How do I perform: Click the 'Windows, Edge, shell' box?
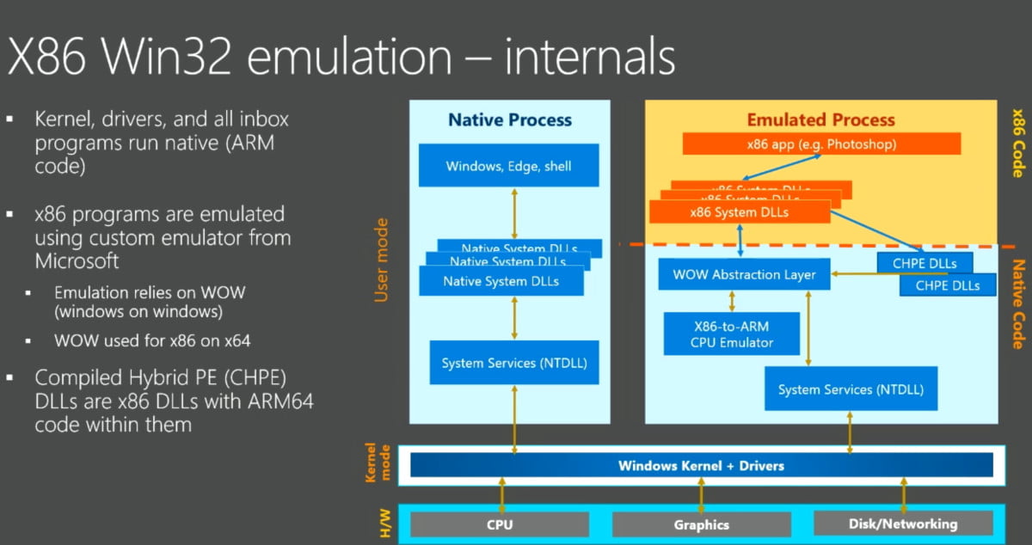pyautogui.click(x=508, y=165)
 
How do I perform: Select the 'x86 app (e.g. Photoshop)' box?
pyautogui.click(x=821, y=144)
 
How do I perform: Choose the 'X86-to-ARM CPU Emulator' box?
pyautogui.click(x=732, y=334)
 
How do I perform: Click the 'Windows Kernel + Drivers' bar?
pyautogui.click(x=701, y=465)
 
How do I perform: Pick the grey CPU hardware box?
pyautogui.click(x=500, y=524)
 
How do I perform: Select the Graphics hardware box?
pyautogui.click(x=701, y=524)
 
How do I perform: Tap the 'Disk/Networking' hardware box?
pyautogui.click(x=902, y=523)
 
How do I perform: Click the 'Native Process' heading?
pyautogui.click(x=510, y=119)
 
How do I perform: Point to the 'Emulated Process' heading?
pyautogui.click(x=820, y=119)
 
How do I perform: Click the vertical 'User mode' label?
pyautogui.click(x=382, y=260)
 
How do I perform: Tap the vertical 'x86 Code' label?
pyautogui.click(x=1017, y=142)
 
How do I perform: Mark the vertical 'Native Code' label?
pyautogui.click(x=1017, y=305)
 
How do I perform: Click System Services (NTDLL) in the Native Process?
pyautogui.click(x=514, y=363)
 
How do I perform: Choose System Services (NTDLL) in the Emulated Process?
pyautogui.click(x=851, y=389)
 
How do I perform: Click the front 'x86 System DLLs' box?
pyautogui.click(x=740, y=211)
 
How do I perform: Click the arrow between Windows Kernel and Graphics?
pyautogui.click(x=701, y=496)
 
